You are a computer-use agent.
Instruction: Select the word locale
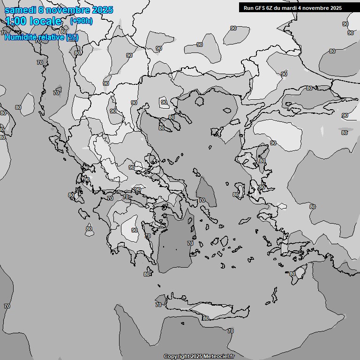pos(46,21)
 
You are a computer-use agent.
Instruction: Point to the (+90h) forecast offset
pos(81,21)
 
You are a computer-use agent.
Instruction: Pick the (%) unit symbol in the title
pos(72,37)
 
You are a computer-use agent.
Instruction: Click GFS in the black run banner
pos(262,7)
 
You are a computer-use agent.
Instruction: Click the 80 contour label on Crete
pos(205,318)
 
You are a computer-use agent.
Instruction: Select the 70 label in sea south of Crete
pos(230,331)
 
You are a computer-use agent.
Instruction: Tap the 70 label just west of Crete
pos(158,305)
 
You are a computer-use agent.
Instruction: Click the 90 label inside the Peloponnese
pos(135,230)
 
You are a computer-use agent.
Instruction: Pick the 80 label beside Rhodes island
pos(292,274)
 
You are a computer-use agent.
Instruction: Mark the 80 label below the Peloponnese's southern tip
pos(147,274)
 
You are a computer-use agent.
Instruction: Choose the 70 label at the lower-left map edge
pos(7,306)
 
